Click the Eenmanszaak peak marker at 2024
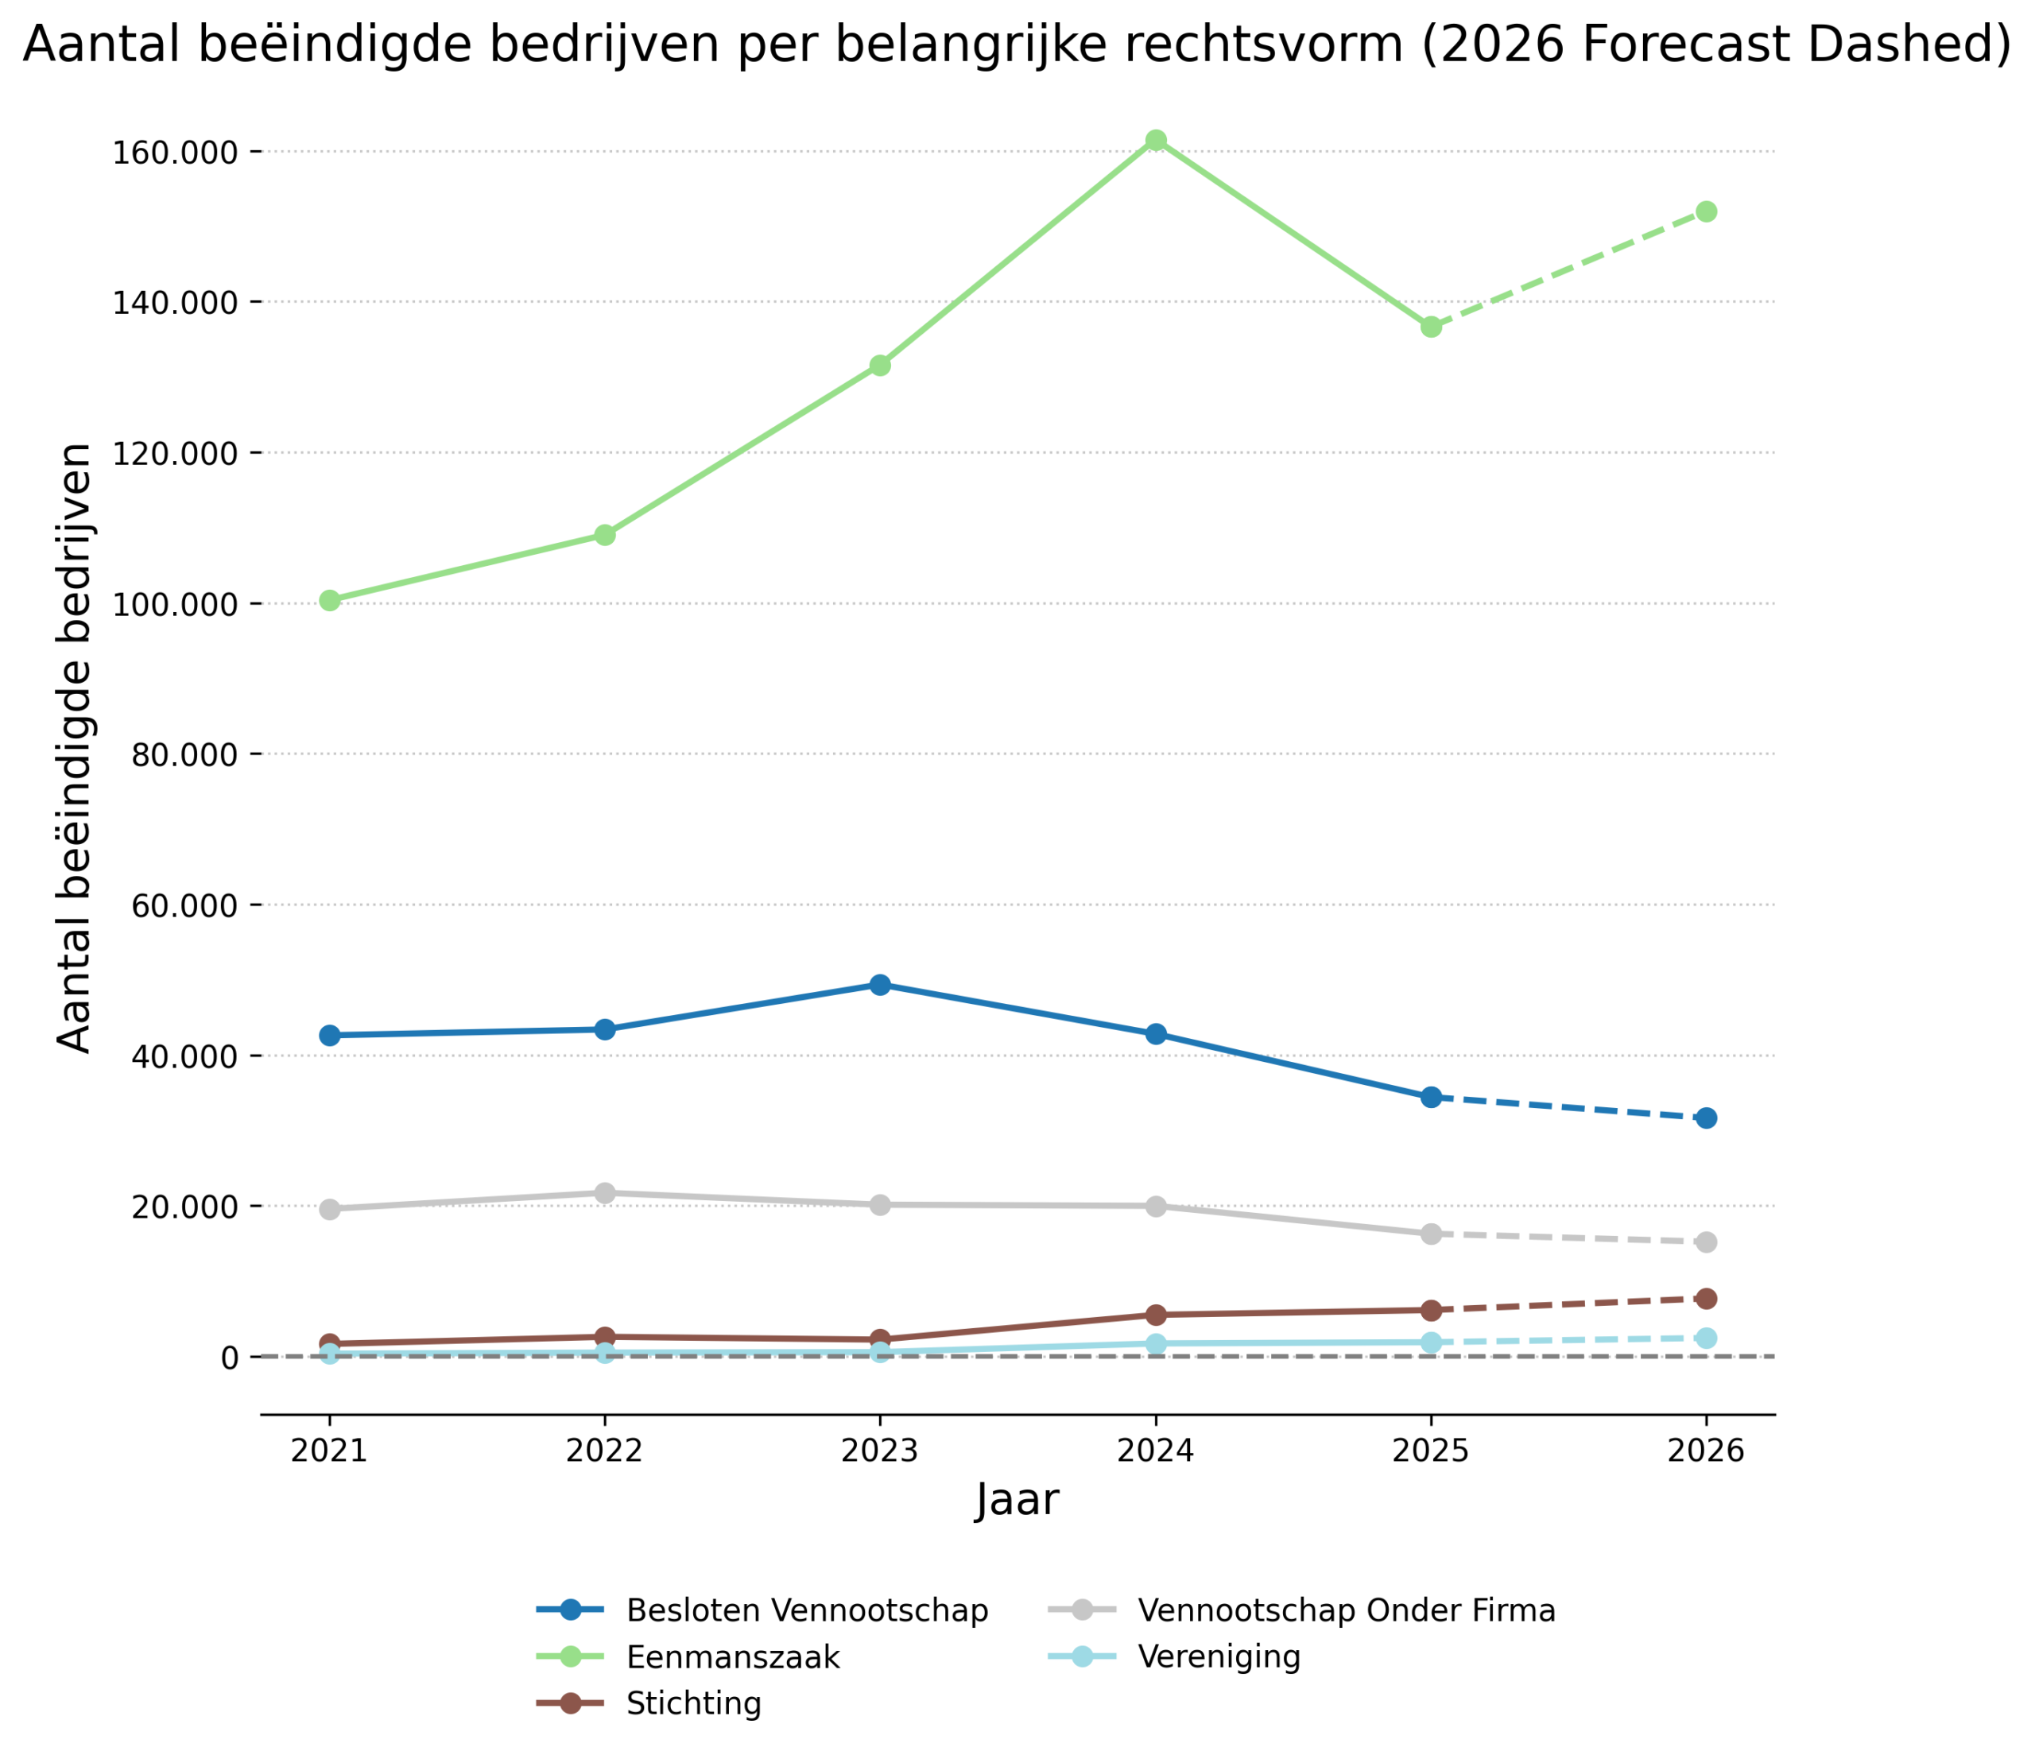click(1156, 141)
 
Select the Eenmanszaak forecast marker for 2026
click(1706, 212)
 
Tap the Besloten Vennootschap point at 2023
click(880, 985)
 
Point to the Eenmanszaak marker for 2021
click(330, 600)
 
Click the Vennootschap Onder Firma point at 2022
click(605, 1193)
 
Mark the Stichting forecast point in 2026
click(1706, 1298)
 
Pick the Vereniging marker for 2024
click(1156, 1343)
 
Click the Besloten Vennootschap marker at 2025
click(1431, 1097)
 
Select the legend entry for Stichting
click(693, 1704)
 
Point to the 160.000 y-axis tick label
click(176, 153)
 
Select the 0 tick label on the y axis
click(229, 1358)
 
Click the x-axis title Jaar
click(1017, 1501)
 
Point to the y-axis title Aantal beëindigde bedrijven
click(75, 749)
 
